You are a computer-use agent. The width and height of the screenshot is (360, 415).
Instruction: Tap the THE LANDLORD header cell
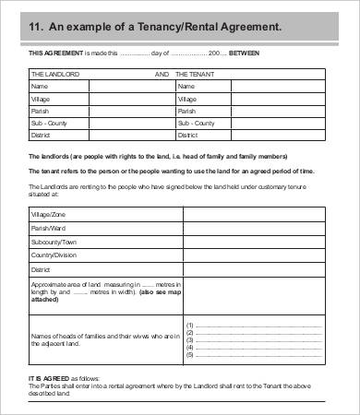pyautogui.click(x=54, y=72)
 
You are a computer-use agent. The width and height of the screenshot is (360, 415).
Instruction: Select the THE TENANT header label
pyautogui.click(x=195, y=72)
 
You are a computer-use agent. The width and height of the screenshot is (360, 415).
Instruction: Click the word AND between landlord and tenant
pyautogui.click(x=162, y=72)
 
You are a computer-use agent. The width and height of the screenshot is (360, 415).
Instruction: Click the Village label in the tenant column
pyautogui.click(x=187, y=97)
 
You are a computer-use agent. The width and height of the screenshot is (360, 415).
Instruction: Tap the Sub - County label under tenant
pyautogui.click(x=196, y=122)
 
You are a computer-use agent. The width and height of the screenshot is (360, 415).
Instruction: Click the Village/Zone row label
pyautogui.click(x=49, y=214)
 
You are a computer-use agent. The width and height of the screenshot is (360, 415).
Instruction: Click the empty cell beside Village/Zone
pyautogui.click(x=255, y=214)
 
